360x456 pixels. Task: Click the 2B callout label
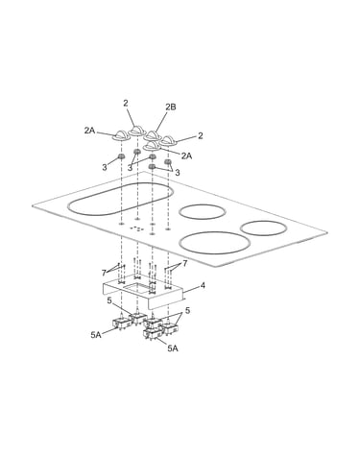click(171, 108)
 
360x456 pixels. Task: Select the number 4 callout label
click(203, 285)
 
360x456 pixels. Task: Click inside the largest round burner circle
click(214, 243)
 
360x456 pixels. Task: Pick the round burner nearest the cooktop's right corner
click(263, 229)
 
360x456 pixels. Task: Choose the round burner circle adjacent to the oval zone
click(203, 212)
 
